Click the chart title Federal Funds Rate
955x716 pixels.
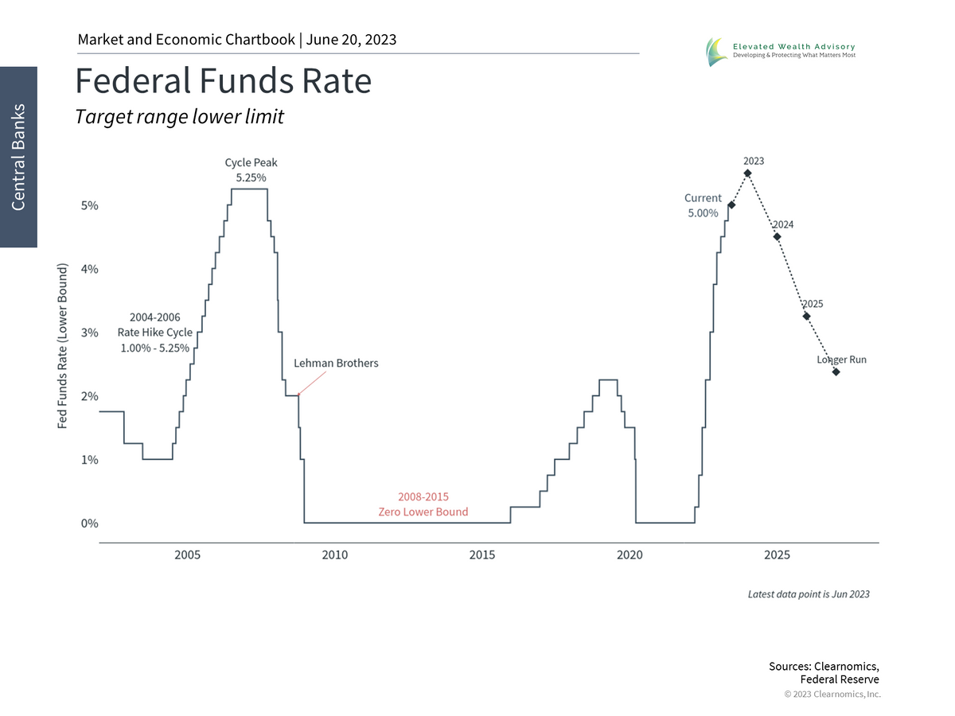tap(223, 81)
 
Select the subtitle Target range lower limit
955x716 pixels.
tap(179, 117)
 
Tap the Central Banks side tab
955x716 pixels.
tap(18, 157)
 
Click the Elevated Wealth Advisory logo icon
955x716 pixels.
tap(715, 52)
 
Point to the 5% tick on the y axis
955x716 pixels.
tap(88, 205)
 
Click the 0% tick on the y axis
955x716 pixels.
tap(88, 523)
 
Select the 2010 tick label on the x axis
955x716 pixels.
tap(335, 555)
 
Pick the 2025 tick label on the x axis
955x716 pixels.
tap(777, 555)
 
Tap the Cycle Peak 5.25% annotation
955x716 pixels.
tap(251, 170)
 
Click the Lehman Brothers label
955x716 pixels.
tap(336, 363)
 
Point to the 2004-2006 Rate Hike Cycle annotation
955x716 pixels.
tap(154, 333)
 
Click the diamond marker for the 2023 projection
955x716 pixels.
tap(747, 173)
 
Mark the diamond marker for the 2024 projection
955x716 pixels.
tap(777, 236)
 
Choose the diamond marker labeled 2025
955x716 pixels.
tap(806, 316)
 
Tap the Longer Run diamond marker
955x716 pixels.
tap(836, 372)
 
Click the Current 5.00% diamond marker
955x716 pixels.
tap(731, 205)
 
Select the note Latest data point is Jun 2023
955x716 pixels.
tap(809, 594)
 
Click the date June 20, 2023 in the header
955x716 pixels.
tap(351, 40)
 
